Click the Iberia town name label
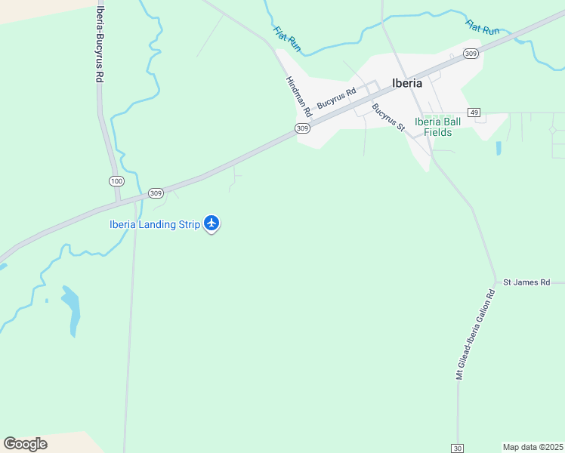click(406, 83)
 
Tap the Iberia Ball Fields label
click(437, 127)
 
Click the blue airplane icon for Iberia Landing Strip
click(211, 223)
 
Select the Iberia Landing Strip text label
click(154, 224)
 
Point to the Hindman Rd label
click(298, 96)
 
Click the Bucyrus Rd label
click(336, 99)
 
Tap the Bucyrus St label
click(388, 117)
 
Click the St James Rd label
click(526, 282)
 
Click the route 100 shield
click(116, 181)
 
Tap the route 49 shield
click(474, 112)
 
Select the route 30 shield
click(458, 448)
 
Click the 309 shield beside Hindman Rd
click(302, 128)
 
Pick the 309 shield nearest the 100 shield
click(156, 193)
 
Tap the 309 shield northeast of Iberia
click(471, 53)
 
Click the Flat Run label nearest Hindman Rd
click(287, 39)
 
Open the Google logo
click(25, 443)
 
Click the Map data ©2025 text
click(533, 447)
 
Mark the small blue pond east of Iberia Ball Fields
click(499, 148)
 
